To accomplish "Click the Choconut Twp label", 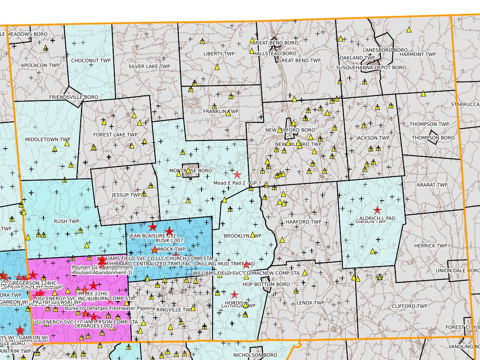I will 91,61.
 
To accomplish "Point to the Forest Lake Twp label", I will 115,135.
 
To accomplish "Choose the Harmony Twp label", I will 418,54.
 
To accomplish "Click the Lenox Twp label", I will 310,303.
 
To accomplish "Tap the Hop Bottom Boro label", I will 261,284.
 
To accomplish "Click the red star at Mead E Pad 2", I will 237,174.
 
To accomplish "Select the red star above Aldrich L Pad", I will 377,210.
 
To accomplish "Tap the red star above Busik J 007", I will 169,231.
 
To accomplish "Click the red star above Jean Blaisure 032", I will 152,226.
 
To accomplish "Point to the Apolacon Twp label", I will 40,65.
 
